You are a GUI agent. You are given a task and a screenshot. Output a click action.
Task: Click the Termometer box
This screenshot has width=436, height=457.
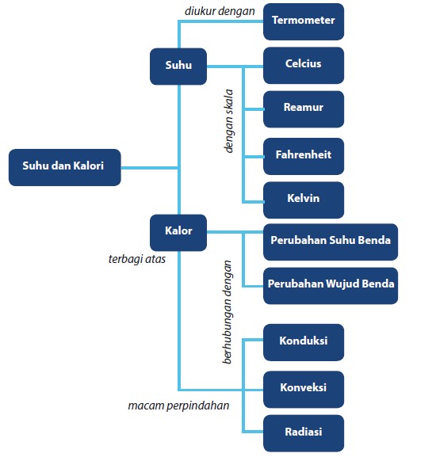pyautogui.click(x=304, y=21)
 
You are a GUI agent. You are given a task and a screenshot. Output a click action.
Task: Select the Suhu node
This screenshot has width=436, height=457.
pyautogui.click(x=178, y=67)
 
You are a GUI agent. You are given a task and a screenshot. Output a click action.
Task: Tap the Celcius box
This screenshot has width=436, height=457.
pyautogui.click(x=304, y=65)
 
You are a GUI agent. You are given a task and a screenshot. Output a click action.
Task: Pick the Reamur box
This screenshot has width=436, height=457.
pyautogui.click(x=304, y=109)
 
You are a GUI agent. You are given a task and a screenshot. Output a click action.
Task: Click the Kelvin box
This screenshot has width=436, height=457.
pyautogui.click(x=304, y=199)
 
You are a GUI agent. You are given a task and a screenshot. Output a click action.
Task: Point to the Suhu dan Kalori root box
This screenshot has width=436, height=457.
pyautogui.click(x=64, y=167)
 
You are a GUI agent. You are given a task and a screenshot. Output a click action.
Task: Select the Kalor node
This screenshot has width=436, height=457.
pyautogui.click(x=178, y=231)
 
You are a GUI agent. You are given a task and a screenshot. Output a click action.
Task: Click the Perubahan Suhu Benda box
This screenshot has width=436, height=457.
pyautogui.click(x=331, y=241)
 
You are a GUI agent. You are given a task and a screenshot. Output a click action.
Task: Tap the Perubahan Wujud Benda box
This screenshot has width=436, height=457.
pyautogui.click(x=331, y=284)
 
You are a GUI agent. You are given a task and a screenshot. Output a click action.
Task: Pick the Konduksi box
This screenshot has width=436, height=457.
pyautogui.click(x=304, y=342)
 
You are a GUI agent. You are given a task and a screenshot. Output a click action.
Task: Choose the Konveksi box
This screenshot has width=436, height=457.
pyautogui.click(x=304, y=389)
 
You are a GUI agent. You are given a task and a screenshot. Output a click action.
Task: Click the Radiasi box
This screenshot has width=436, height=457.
pyautogui.click(x=304, y=432)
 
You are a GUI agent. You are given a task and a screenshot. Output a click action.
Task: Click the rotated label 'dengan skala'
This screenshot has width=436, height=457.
pyautogui.click(x=229, y=120)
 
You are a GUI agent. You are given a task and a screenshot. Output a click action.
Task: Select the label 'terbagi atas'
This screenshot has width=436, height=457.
pyautogui.click(x=136, y=259)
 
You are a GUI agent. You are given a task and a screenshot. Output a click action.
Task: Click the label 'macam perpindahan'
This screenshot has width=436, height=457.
pyautogui.click(x=178, y=406)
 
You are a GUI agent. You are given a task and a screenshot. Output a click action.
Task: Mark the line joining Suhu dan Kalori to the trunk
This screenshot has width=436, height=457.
pyautogui.click(x=150, y=167)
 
